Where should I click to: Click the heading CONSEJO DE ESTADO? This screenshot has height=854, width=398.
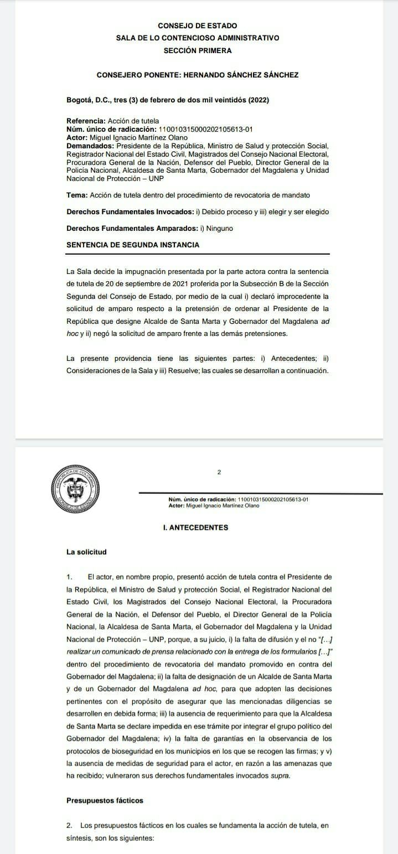197,25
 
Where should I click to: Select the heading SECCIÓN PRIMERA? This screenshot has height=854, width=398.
197,50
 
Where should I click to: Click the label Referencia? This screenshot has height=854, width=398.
86,121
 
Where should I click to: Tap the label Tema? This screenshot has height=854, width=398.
77,195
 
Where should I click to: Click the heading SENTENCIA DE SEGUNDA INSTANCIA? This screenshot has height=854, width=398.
133,245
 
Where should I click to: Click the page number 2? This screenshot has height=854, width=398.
219,472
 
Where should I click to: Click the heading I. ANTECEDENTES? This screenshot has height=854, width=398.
192,527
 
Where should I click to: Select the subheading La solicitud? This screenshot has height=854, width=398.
86,552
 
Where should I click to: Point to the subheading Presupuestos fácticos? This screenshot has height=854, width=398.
105,800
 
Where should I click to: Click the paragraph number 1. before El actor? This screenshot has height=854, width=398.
70,577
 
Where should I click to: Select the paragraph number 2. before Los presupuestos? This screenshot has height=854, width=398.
70,826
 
